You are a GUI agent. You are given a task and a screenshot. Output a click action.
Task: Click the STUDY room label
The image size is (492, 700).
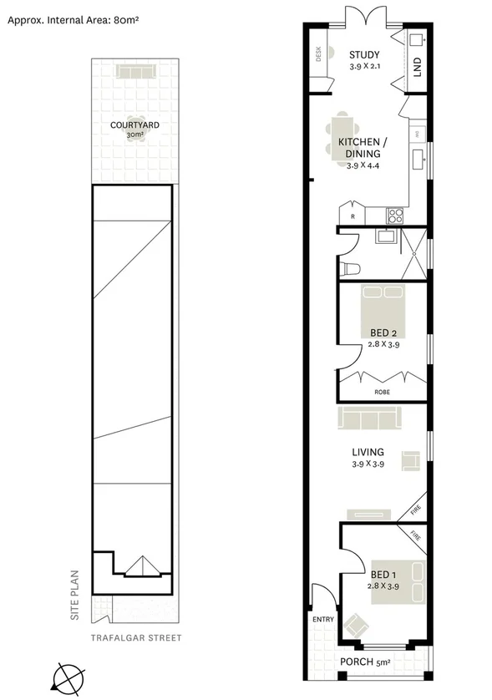(x=363, y=55)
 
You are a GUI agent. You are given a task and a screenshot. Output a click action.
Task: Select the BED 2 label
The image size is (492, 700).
(x=383, y=332)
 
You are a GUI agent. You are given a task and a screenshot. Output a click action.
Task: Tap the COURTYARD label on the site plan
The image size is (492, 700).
(x=134, y=126)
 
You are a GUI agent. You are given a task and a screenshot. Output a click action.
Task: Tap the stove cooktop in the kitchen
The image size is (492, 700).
(x=394, y=216)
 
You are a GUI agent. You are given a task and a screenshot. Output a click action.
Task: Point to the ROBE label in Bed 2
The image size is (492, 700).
(x=381, y=392)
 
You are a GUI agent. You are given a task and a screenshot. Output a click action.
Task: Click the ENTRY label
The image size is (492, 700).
(x=322, y=620)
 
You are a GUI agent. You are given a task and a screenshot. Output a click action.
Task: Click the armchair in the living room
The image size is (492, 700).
(x=410, y=460)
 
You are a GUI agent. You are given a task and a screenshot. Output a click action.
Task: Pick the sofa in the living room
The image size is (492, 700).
(x=369, y=415)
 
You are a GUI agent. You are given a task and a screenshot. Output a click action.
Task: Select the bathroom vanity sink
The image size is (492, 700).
(x=385, y=237)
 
